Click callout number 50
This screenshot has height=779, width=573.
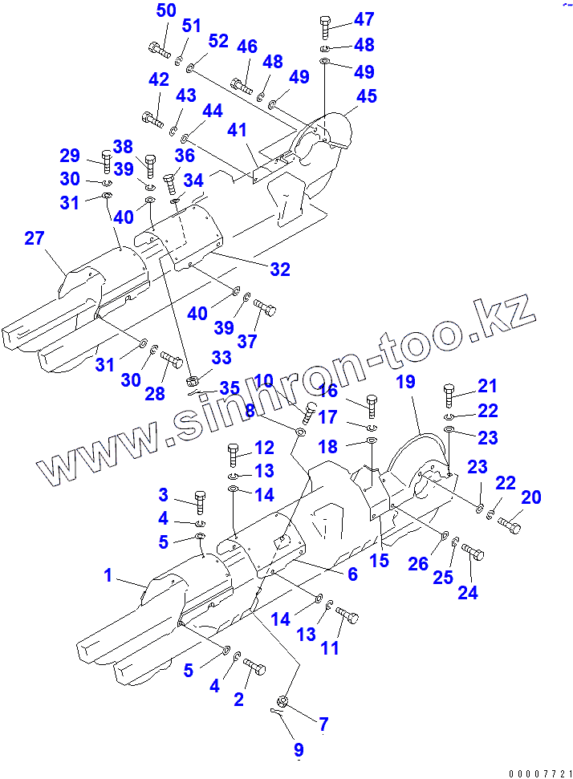[x=165, y=11]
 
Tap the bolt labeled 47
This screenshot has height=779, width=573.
[x=324, y=27]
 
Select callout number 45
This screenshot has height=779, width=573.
[x=366, y=96]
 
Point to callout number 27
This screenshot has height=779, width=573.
[x=34, y=238]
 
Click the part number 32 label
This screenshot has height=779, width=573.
[x=279, y=270]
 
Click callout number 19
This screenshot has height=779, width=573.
[x=406, y=382]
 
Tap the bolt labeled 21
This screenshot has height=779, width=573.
[x=449, y=396]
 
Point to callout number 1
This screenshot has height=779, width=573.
[x=108, y=575]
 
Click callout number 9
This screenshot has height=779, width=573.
[x=298, y=750]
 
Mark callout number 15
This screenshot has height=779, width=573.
[x=380, y=560]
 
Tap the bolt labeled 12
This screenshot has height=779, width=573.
[x=234, y=454]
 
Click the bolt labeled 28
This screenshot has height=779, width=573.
[x=172, y=359]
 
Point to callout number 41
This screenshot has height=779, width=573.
[x=236, y=130]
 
